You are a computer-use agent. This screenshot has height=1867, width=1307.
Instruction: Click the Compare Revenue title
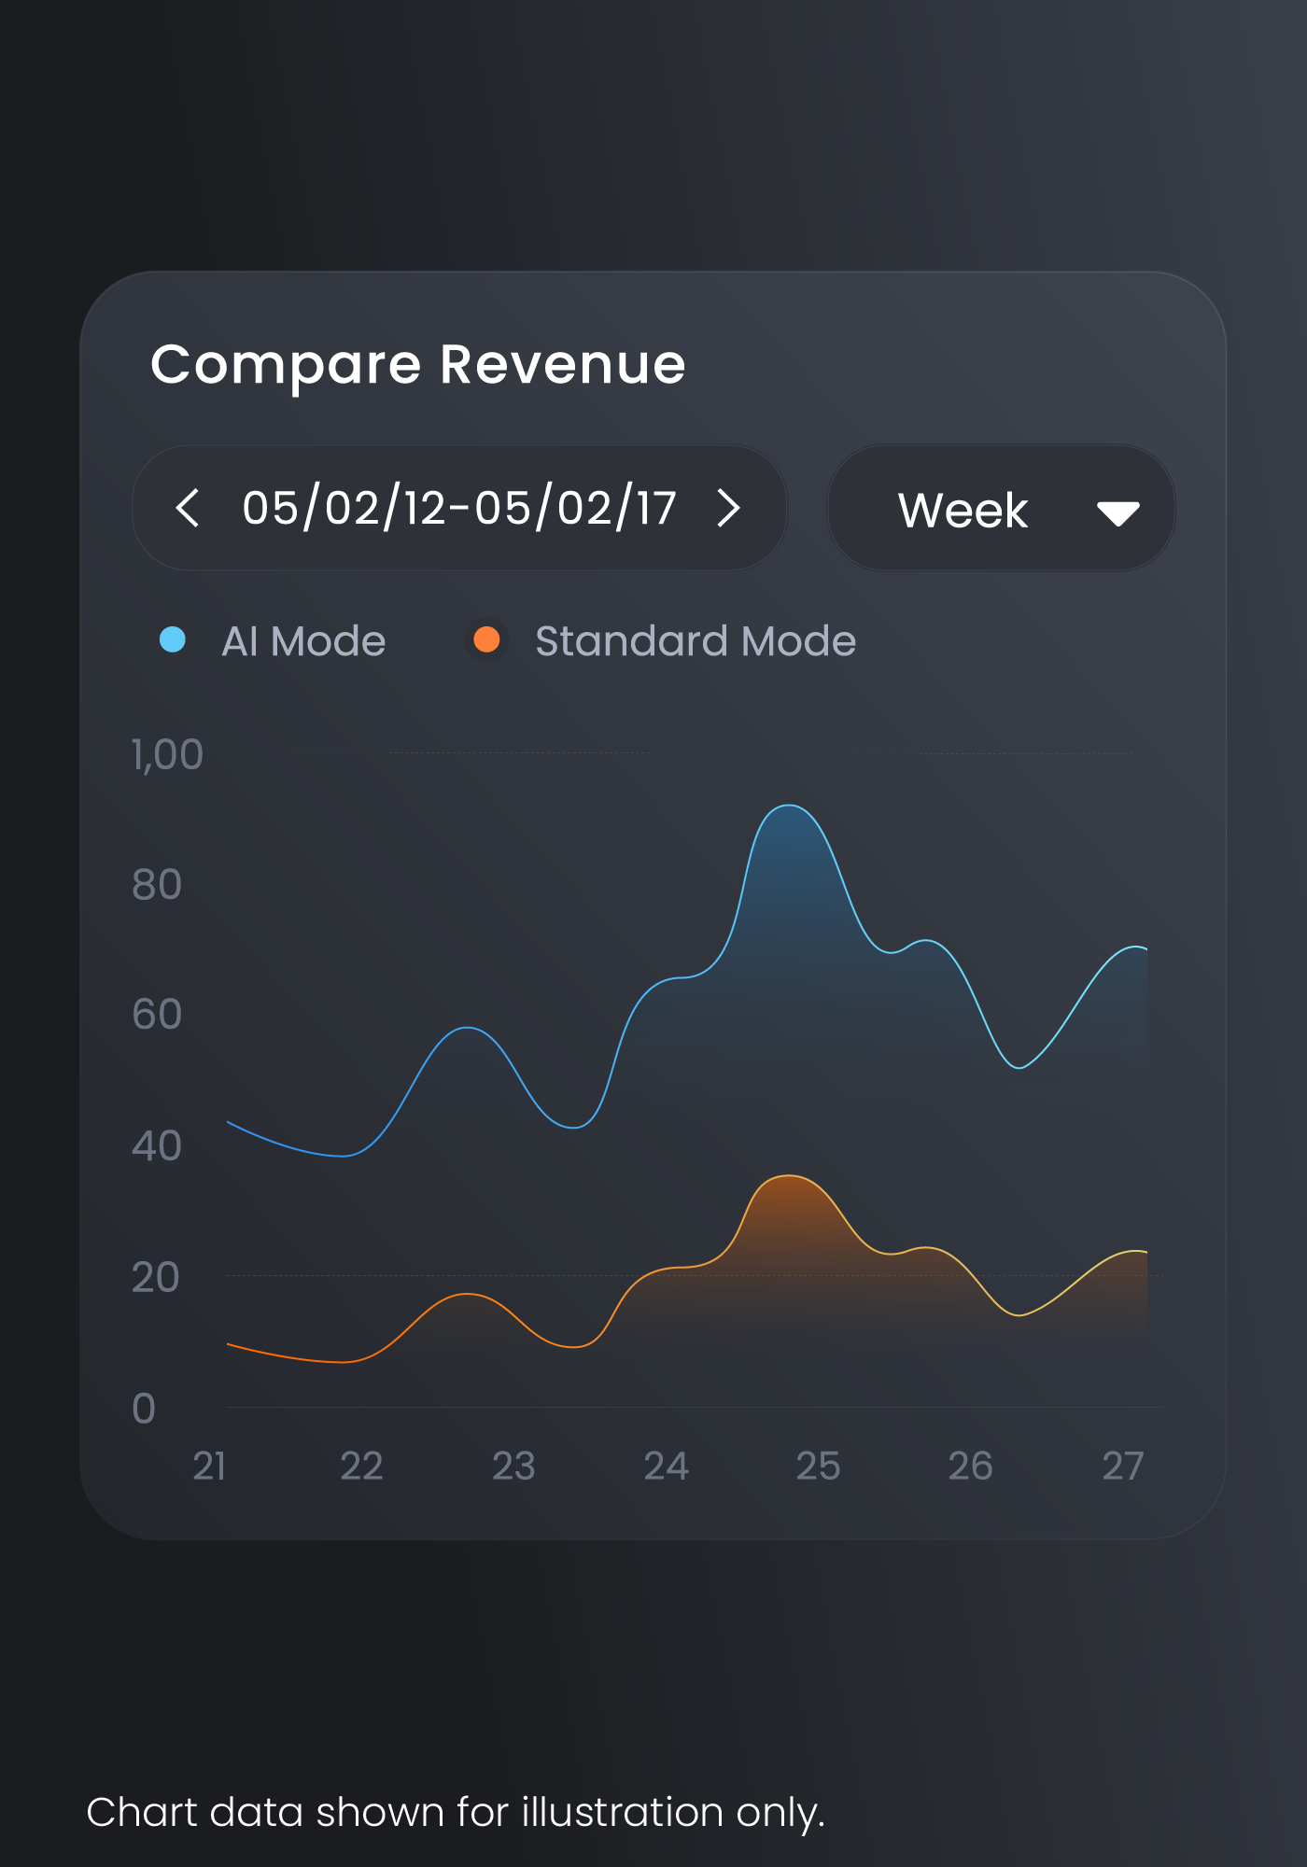[418, 365]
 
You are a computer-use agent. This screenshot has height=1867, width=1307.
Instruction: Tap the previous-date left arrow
[187, 508]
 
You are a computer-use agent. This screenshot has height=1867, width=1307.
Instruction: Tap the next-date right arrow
[729, 508]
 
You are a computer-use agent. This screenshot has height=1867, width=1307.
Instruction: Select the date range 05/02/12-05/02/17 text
[458, 508]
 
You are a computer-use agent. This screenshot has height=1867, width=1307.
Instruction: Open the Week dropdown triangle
[1117, 513]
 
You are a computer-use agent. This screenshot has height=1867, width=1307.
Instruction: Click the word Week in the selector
[963, 511]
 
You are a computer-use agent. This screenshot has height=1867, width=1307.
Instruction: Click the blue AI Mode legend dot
[173, 640]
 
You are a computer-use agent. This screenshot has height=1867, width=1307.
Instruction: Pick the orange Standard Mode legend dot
[486, 640]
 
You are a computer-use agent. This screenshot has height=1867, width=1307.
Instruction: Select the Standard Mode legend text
[696, 641]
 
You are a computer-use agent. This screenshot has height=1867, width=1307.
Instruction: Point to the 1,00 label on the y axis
[167, 754]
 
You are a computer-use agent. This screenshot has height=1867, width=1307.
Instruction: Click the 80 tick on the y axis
[156, 885]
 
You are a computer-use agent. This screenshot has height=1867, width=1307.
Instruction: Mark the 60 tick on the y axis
[156, 1015]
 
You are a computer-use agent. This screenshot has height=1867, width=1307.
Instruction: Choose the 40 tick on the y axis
[156, 1146]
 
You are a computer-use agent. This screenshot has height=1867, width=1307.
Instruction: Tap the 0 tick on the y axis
[144, 1409]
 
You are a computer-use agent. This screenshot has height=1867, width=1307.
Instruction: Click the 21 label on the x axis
[209, 1467]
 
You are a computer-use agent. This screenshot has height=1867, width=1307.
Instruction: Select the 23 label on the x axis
[513, 1467]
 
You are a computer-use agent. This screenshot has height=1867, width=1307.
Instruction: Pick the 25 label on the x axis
[818, 1467]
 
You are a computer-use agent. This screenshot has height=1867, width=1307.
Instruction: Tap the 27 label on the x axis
[1122, 1467]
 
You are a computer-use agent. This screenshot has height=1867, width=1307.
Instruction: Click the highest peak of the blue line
[789, 805]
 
